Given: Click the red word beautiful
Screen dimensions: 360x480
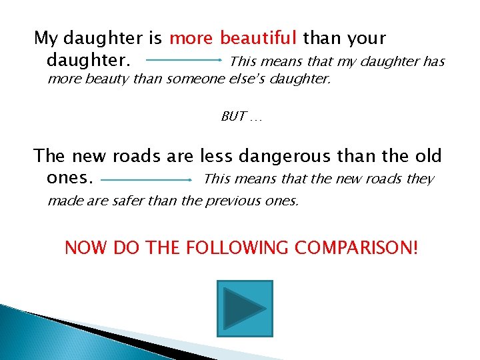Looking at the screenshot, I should coord(259,38).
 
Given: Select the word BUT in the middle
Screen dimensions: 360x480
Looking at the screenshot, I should coord(233,117).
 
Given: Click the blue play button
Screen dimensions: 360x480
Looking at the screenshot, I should coord(245,309).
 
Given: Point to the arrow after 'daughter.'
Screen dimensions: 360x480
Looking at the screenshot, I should coord(184,60).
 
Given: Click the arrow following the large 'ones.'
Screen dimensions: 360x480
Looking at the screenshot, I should coord(147,179).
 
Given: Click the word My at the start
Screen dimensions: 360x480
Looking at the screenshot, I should coord(45,38).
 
